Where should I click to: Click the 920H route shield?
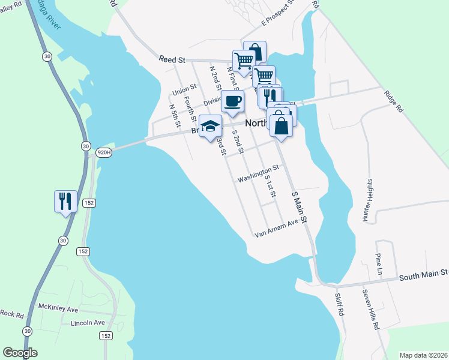pos(104,152)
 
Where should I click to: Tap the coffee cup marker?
pos(232,101)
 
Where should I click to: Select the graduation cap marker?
pos(210,126)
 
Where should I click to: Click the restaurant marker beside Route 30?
pos(65,201)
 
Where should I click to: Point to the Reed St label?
pos(173,59)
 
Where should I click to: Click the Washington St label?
pos(258,175)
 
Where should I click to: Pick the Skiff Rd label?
pos(339,302)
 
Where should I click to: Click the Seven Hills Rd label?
pos(370,310)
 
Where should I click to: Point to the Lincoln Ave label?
pos(88,323)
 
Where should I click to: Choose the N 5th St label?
pos(175,116)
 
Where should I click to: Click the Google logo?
pos(20,353)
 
